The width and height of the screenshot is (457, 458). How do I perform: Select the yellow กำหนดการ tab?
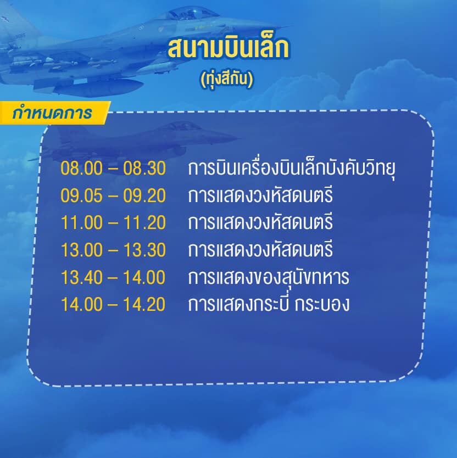tap(52, 113)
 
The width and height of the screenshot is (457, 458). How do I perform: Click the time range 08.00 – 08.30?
tap(113, 169)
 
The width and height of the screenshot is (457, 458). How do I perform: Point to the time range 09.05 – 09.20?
tap(113, 196)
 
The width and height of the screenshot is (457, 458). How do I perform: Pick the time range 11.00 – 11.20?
tap(113, 223)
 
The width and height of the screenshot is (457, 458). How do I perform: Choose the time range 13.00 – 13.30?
tap(113, 250)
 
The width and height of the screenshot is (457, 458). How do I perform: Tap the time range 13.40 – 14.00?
tap(113, 277)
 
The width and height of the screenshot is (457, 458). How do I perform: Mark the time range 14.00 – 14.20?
tap(113, 305)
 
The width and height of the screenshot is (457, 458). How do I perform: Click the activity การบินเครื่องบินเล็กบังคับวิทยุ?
tap(292, 169)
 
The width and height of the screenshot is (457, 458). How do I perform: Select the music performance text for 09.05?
tap(260, 196)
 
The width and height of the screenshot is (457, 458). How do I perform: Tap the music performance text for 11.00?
tap(260, 223)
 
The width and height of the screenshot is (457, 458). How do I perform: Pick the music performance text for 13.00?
tap(260, 250)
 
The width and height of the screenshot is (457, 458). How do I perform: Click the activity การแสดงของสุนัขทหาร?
tap(268, 278)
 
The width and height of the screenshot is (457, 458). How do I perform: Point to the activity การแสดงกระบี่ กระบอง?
tap(268, 305)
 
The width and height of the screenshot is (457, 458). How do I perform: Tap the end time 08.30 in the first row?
tap(144, 169)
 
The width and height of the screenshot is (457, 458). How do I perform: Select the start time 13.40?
tap(82, 277)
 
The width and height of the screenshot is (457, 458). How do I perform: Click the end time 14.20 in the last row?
tap(144, 305)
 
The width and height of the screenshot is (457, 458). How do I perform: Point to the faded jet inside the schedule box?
tap(137, 137)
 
